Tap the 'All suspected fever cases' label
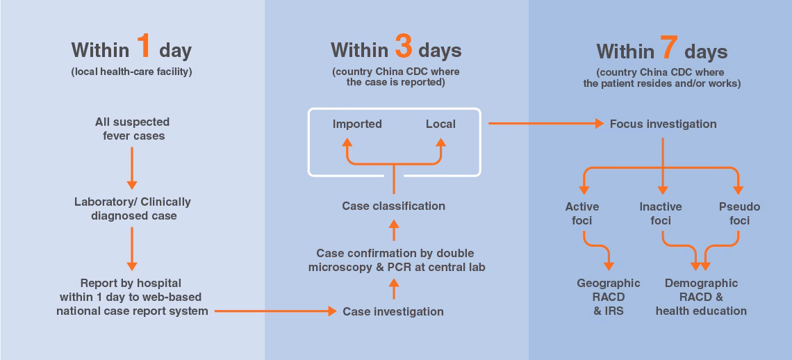132,129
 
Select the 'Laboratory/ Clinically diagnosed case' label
132,208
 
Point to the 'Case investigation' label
393,311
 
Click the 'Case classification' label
393,206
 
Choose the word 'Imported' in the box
357,124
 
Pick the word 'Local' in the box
440,124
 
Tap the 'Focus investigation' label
663,124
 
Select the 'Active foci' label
582,213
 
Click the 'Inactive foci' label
661,213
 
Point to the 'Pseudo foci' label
739,213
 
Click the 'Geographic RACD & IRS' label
609,297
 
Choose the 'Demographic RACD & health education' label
701,297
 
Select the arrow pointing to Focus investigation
545,124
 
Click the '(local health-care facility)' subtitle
131,72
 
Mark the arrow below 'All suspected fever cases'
132,167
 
